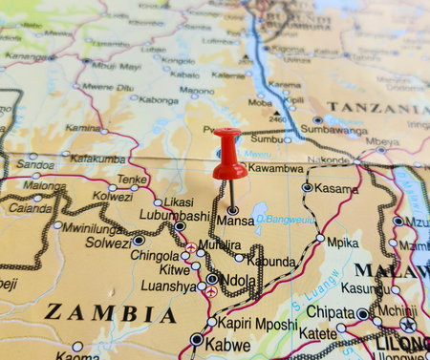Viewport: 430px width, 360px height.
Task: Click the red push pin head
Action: click(228, 153)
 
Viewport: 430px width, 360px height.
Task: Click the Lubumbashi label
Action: click(144, 216)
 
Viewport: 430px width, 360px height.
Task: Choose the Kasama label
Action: click(336, 189)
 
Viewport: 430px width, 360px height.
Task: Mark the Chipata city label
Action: click(331, 312)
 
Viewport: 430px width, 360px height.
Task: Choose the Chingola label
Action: click(154, 256)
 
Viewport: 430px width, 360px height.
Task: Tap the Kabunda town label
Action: click(271, 261)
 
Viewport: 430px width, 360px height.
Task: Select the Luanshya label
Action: click(167, 286)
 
